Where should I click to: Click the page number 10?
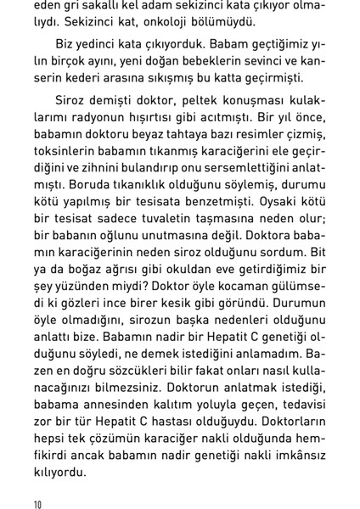coord(37,504)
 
